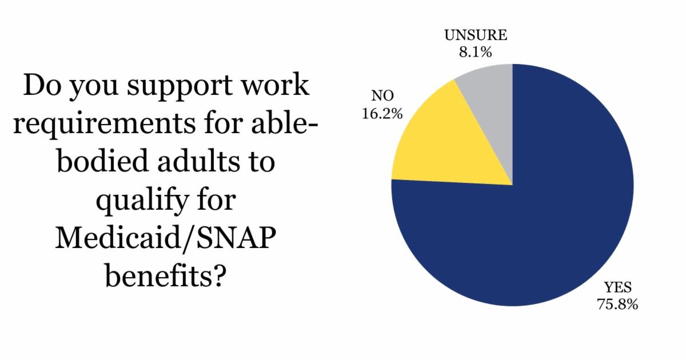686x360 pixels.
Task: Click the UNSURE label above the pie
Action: [476, 35]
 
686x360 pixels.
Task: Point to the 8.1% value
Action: [475, 52]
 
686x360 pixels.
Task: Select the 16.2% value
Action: [382, 114]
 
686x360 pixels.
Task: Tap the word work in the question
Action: [282, 86]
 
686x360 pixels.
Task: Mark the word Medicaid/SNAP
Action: [166, 238]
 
